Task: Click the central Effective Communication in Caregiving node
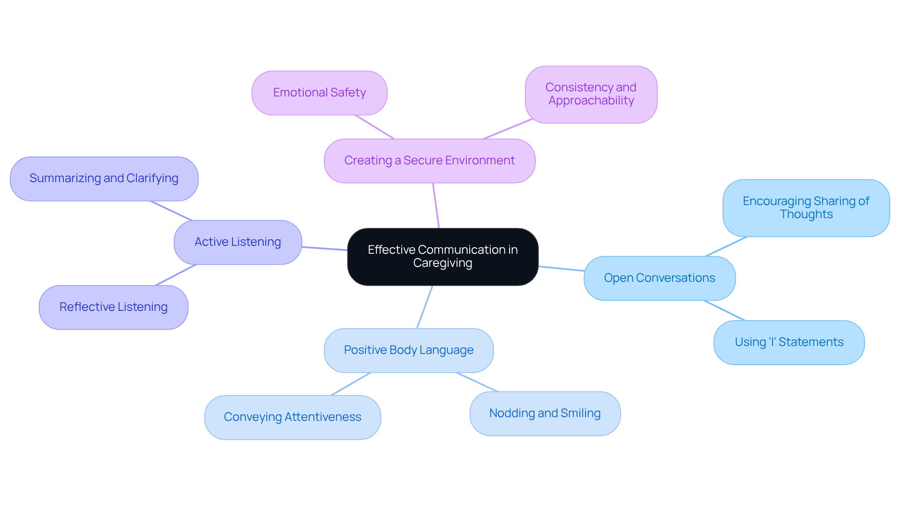(x=442, y=257)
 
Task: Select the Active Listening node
(x=238, y=242)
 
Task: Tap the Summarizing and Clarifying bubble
(x=104, y=178)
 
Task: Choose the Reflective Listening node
(x=113, y=307)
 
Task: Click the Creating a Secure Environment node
(x=429, y=161)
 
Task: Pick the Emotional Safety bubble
(x=319, y=93)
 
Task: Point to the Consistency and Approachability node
(x=591, y=94)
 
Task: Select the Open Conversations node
(x=659, y=278)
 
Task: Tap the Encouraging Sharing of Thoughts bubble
(x=806, y=208)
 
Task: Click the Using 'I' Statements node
(x=789, y=342)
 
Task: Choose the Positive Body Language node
(x=408, y=350)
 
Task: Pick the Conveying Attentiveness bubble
(x=292, y=417)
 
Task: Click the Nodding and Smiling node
(x=545, y=413)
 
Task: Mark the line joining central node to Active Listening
(x=324, y=249)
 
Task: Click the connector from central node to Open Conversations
(x=561, y=269)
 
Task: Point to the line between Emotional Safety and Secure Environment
(x=375, y=127)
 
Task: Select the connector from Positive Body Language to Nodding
(x=477, y=382)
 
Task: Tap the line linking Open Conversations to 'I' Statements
(x=724, y=310)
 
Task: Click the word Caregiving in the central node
(x=442, y=263)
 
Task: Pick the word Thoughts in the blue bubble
(x=806, y=214)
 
